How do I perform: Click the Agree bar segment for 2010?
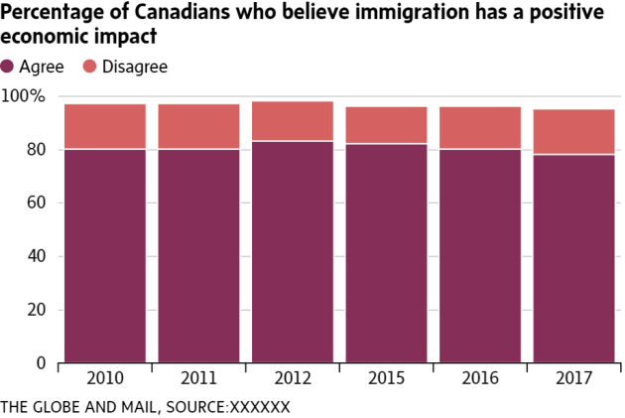coord(105,256)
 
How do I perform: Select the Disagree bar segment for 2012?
coord(293,121)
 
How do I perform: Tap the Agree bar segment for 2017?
coord(573,259)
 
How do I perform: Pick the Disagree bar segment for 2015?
coord(386,125)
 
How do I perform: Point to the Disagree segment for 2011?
coord(198,126)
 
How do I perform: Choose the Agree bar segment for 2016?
coord(480,256)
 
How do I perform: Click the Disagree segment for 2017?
coord(573,132)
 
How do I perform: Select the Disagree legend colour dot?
coord(89,67)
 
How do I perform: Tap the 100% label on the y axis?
coord(24,96)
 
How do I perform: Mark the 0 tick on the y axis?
coord(41,363)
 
